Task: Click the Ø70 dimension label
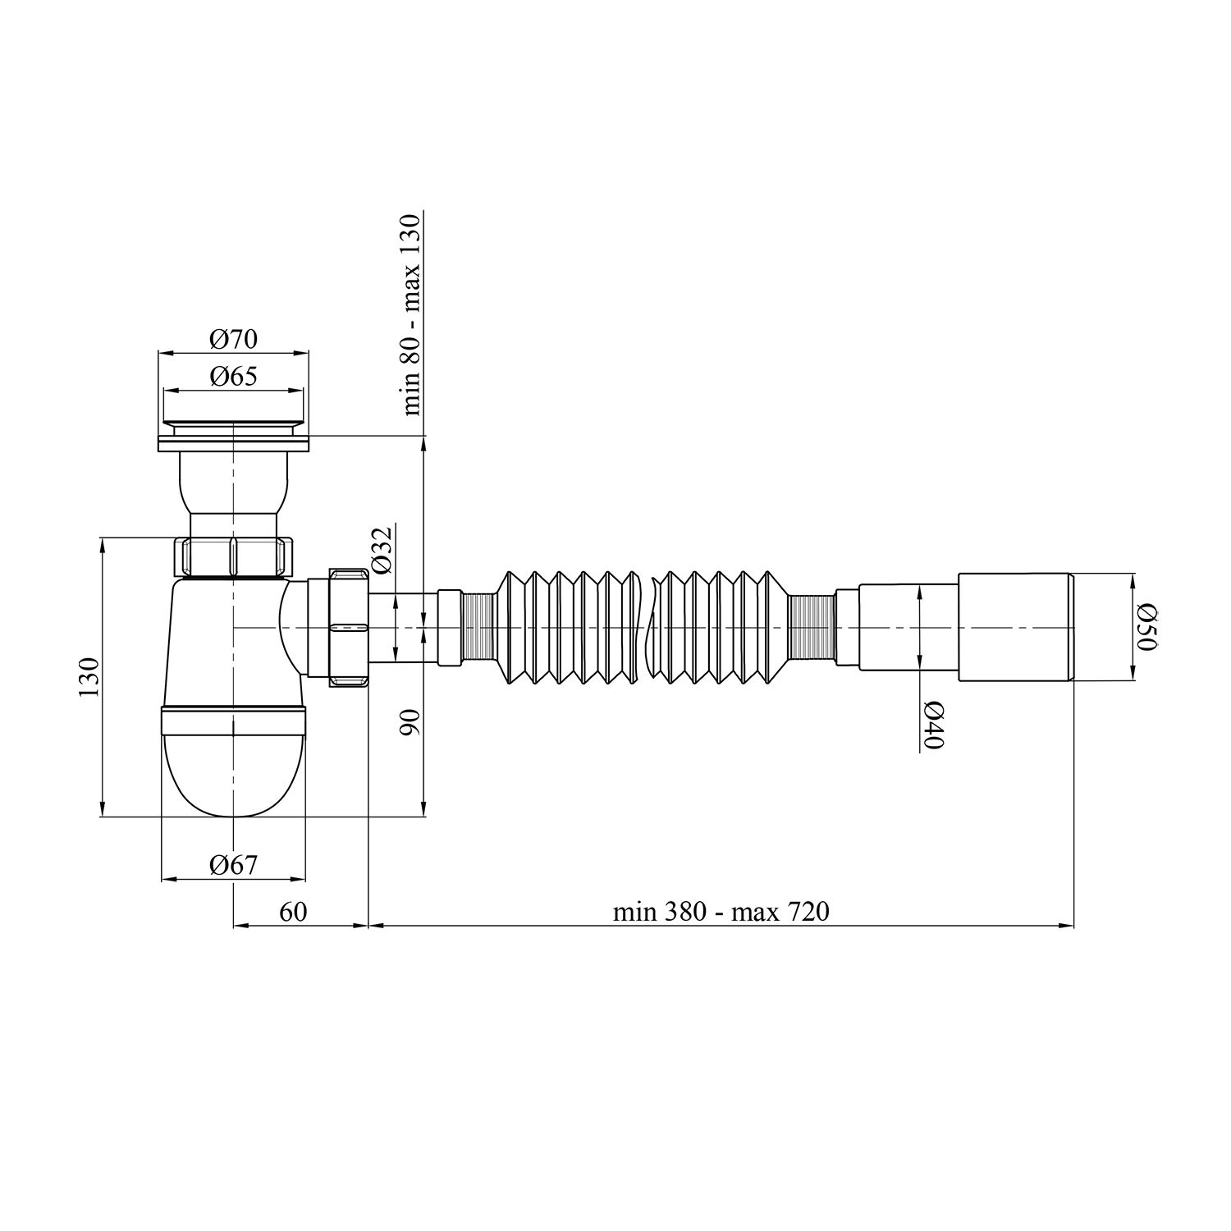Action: [x=233, y=338]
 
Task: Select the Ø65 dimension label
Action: [x=233, y=377]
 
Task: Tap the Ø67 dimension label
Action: [x=233, y=864]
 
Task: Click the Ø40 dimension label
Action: [x=934, y=725]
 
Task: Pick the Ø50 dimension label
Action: [x=1146, y=627]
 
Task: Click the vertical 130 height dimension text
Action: [x=89, y=677]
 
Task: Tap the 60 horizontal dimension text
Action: [x=293, y=912]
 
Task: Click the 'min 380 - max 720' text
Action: [x=721, y=912]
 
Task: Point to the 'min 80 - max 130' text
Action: [x=411, y=313]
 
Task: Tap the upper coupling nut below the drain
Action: [x=233, y=557]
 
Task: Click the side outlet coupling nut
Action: [x=349, y=627]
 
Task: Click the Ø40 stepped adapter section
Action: [x=908, y=627]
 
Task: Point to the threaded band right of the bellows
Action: [x=811, y=627]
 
